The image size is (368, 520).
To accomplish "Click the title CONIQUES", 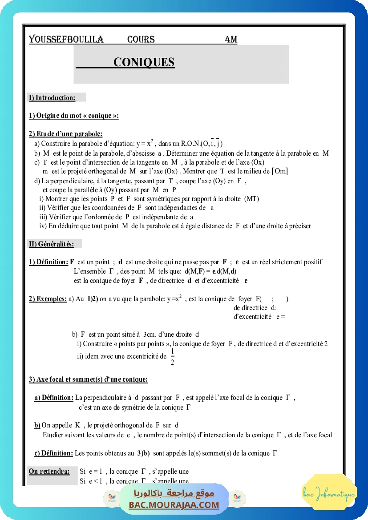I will pyautogui.click(x=144, y=62).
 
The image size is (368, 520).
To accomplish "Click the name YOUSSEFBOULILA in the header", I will pyautogui.click(x=66, y=40).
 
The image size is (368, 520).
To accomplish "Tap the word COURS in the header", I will pyautogui.click(x=141, y=40).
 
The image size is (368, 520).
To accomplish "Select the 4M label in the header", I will pyautogui.click(x=231, y=40).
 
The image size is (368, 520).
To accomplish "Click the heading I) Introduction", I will pyautogui.click(x=52, y=97).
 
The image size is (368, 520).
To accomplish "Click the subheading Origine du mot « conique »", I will pyautogui.click(x=74, y=116).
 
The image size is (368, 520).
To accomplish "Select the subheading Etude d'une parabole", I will pyautogui.click(x=66, y=134).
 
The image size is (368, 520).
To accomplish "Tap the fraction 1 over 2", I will pyautogui.click(x=173, y=357).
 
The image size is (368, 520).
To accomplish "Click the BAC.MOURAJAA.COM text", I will pyautogui.click(x=174, y=505).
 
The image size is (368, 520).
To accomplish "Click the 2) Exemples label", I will pyautogui.click(x=48, y=299).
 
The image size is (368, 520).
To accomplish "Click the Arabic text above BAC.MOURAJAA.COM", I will pyautogui.click(x=174, y=493).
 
